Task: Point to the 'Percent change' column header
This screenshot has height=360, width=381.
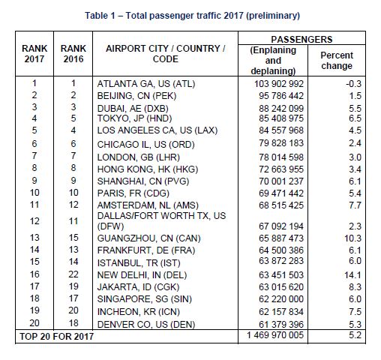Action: click(337, 60)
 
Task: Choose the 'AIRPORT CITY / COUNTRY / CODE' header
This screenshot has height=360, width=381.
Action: click(165, 55)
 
